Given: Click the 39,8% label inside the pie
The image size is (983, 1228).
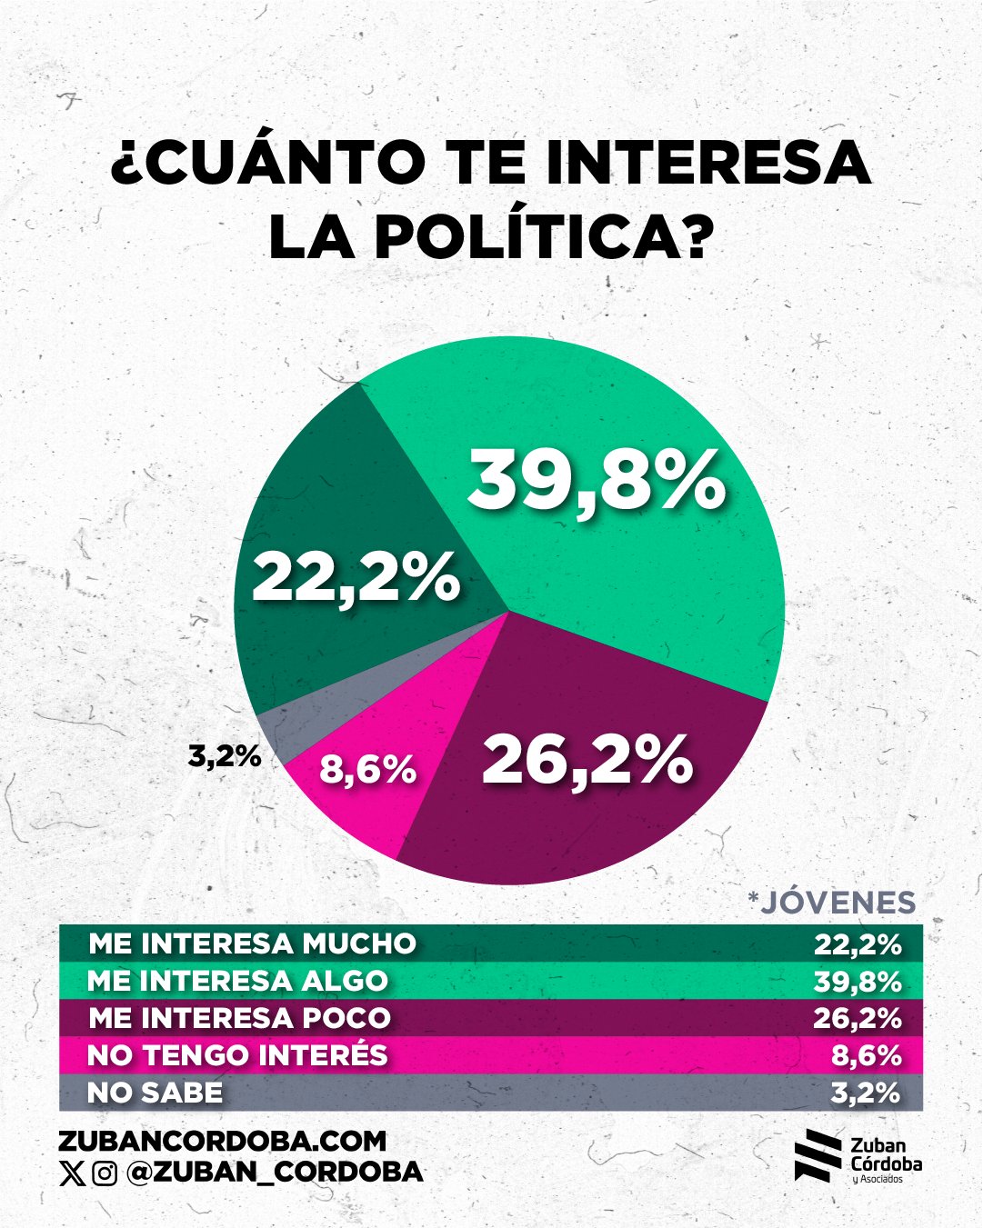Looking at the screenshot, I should tap(596, 482).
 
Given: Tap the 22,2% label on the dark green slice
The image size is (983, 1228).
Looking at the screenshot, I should tap(356, 578).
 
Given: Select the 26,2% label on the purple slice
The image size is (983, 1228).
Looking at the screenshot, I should tap(587, 760).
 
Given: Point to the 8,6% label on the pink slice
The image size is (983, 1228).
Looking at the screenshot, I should tap(367, 771).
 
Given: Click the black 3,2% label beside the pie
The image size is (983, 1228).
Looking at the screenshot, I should tap(225, 755).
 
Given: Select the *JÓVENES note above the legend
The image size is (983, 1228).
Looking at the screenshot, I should tap(831, 902).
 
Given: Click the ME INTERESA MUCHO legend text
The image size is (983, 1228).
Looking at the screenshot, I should tap(252, 943).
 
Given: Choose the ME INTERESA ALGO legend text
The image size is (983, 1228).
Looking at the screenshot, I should tap(237, 981).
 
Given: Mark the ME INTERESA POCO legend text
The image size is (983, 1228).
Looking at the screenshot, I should tap(239, 1018).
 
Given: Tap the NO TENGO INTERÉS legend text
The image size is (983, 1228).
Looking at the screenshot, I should tap(237, 1055).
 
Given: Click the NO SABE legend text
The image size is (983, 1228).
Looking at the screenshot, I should tap(155, 1093).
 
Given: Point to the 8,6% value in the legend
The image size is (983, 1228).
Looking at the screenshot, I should tap(866, 1055).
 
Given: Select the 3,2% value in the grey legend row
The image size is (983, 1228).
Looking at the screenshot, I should tap(866, 1093).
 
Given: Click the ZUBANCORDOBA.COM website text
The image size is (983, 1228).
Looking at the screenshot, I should tap(222, 1141).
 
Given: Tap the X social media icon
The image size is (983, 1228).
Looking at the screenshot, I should tap(71, 1173).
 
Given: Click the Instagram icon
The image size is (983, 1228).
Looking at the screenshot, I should tap(105, 1173).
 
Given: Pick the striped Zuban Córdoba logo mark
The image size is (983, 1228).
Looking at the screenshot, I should tap(817, 1156).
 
